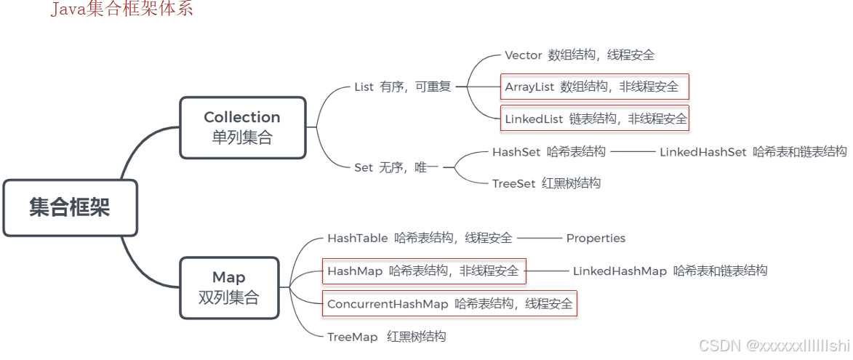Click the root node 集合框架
(70, 207)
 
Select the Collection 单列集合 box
(242, 127)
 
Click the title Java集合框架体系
(122, 9)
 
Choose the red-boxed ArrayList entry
(593, 87)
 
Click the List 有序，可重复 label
(402, 87)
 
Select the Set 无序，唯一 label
(396, 167)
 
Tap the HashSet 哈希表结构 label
(548, 152)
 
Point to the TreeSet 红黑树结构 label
(546, 183)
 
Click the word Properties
(596, 238)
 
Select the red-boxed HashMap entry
(423, 271)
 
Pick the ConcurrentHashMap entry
(449, 303)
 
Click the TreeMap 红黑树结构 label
(386, 337)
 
